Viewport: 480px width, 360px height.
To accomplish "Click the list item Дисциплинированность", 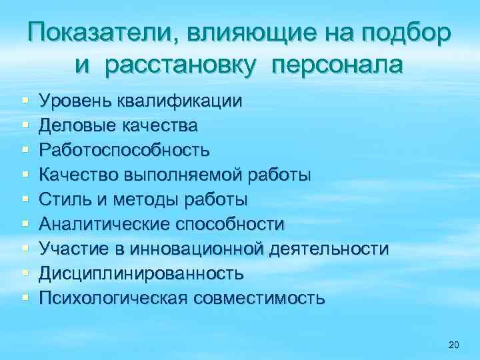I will (141, 273).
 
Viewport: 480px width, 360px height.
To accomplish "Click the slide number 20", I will (454, 345).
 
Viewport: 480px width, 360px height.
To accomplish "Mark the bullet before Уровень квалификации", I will (25, 101).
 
